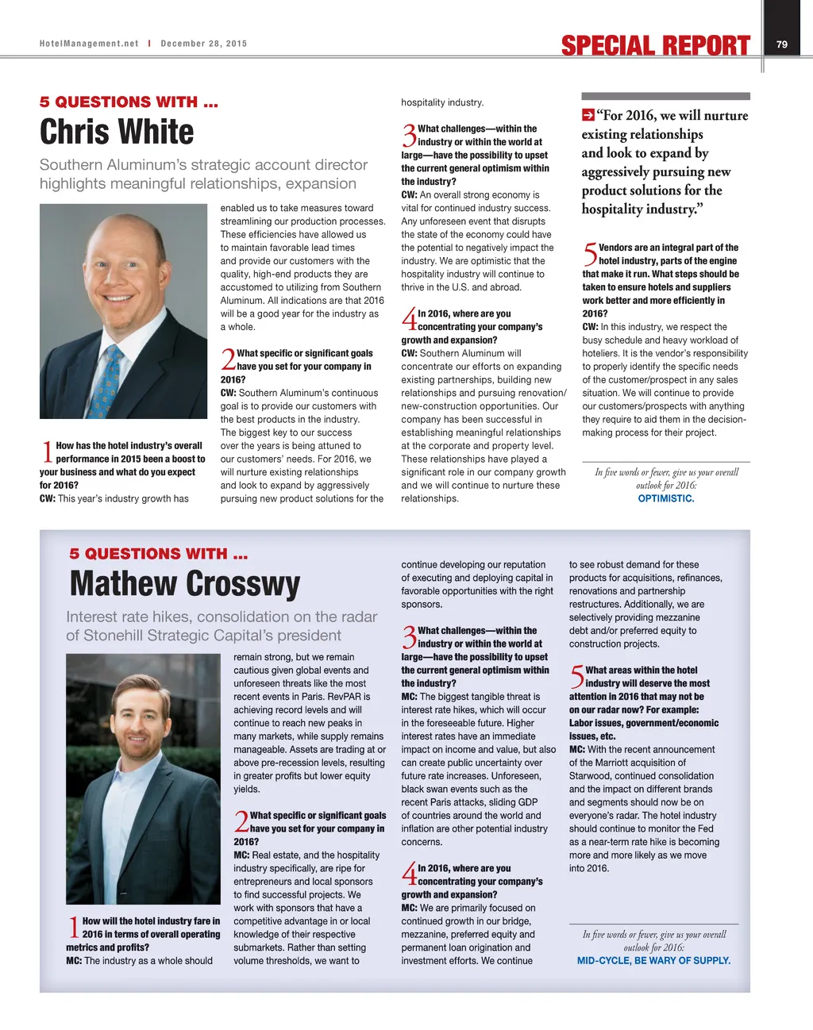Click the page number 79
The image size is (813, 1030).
tap(782, 44)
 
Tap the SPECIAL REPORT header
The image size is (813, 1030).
tap(655, 46)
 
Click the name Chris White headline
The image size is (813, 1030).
tap(117, 132)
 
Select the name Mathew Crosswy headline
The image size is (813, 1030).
tap(185, 584)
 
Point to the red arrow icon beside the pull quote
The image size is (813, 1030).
tap(588, 115)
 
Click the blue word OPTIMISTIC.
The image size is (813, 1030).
tap(666, 499)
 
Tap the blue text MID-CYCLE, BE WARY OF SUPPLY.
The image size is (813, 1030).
tap(653, 961)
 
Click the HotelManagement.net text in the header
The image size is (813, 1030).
tap(89, 44)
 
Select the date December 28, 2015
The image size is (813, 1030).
tap(204, 44)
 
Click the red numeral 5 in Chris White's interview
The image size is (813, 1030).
tap(590, 255)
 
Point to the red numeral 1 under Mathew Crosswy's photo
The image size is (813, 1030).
tap(73, 928)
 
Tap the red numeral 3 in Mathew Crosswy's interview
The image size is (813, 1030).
tap(409, 638)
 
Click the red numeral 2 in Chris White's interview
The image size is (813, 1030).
tap(228, 360)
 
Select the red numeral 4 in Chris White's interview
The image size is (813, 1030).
tap(409, 321)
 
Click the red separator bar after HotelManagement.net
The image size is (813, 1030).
tap(149, 44)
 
